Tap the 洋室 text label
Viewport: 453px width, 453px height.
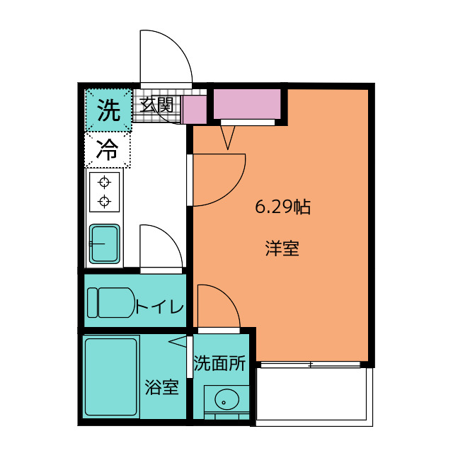(x=282, y=249)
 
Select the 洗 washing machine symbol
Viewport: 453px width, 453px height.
(x=108, y=110)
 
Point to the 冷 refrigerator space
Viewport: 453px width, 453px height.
(x=108, y=150)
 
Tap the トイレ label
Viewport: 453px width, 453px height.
(x=160, y=307)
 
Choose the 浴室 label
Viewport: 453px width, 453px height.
(x=162, y=387)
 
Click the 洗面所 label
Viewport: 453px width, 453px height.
(x=219, y=364)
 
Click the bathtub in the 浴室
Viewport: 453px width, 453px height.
(x=111, y=378)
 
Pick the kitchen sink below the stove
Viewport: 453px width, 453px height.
(x=105, y=244)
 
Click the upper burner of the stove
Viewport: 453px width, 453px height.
(x=105, y=180)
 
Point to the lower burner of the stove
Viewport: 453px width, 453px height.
(x=105, y=202)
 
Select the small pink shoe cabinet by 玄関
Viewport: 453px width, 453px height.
(x=194, y=110)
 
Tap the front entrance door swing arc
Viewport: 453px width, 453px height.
(x=167, y=57)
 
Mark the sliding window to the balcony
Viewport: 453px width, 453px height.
(x=312, y=365)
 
